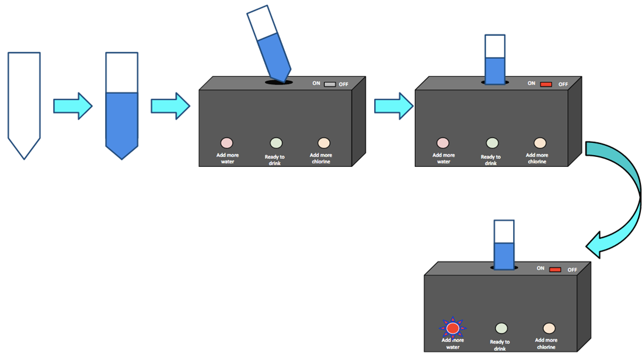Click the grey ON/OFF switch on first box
[x=330, y=83]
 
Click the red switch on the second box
[x=546, y=84]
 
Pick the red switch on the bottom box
[x=555, y=270]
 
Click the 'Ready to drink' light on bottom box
[x=501, y=328]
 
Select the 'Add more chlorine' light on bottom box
[x=549, y=328]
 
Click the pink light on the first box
[x=226, y=142]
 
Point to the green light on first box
[x=276, y=142]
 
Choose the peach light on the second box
[x=540, y=142]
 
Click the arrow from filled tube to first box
[x=170, y=106]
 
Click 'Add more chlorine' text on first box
[x=321, y=158]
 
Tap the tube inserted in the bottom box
[x=504, y=245]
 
